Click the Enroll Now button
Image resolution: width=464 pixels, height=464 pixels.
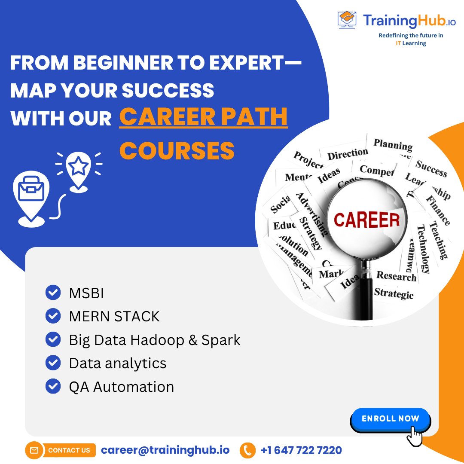pyautogui.click(x=390, y=419)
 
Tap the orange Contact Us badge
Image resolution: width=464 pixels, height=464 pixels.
pyautogui.click(x=60, y=450)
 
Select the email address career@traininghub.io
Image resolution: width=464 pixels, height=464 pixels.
pyautogui.click(x=165, y=450)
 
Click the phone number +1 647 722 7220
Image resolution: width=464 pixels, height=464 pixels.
pyautogui.click(x=301, y=450)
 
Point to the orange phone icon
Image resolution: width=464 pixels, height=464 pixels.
pyautogui.click(x=247, y=450)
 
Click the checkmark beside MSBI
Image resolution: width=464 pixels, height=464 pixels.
pyautogui.click(x=53, y=293)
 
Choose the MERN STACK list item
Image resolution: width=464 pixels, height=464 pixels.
pyautogui.click(x=114, y=317)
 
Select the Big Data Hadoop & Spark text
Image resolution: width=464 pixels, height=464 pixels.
pyautogui.click(x=154, y=340)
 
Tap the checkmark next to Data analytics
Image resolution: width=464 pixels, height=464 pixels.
pyautogui.click(x=53, y=363)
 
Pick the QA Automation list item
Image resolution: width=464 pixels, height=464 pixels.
pyautogui.click(x=121, y=387)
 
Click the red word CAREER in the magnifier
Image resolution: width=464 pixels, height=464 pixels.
pyautogui.click(x=366, y=220)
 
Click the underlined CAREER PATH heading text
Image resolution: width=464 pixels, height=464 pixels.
pyautogui.click(x=203, y=117)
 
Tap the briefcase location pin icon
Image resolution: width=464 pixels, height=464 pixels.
pyautogui.click(x=31, y=195)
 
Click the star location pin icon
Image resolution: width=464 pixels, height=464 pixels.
pyautogui.click(x=79, y=168)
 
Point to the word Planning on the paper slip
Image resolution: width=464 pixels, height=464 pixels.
pyautogui.click(x=392, y=145)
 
